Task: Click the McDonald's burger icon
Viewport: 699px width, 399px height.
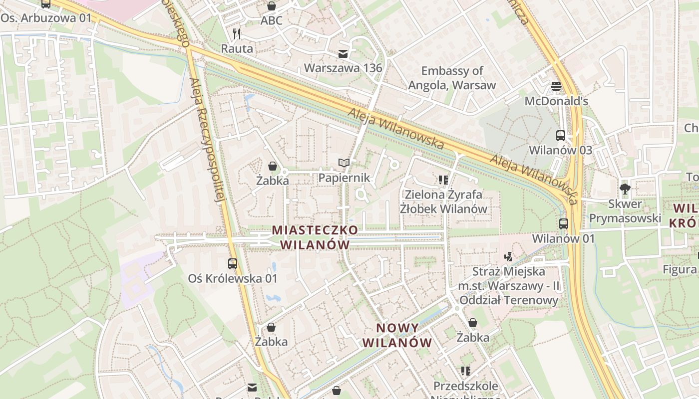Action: click(556, 86)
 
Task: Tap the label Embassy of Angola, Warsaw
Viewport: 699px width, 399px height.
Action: click(452, 78)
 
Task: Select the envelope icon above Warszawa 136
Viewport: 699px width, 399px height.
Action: click(343, 54)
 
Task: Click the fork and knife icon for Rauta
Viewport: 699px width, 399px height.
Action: click(237, 34)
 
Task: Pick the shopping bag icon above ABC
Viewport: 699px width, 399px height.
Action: click(271, 6)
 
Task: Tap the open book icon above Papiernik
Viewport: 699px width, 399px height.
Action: click(344, 163)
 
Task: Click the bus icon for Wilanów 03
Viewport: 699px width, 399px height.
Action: click(561, 135)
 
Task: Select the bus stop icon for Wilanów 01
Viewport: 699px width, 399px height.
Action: click(564, 224)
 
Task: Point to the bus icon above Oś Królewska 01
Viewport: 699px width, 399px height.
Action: click(233, 264)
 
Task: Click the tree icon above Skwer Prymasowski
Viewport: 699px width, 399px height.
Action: click(624, 189)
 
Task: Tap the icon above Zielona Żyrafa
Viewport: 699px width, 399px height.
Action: click(443, 180)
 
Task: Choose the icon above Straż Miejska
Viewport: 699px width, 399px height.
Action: click(508, 257)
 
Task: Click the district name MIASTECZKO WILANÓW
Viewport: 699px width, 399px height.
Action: click(315, 237)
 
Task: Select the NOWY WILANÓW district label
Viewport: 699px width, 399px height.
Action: click(397, 335)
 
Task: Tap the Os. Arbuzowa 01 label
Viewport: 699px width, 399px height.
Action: click(46, 18)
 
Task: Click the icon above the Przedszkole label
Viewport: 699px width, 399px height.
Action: click(465, 371)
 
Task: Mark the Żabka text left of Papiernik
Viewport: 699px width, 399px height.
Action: click(272, 181)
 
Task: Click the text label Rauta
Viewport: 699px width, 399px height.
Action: click(237, 48)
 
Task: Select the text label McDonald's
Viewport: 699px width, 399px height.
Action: click(556, 101)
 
